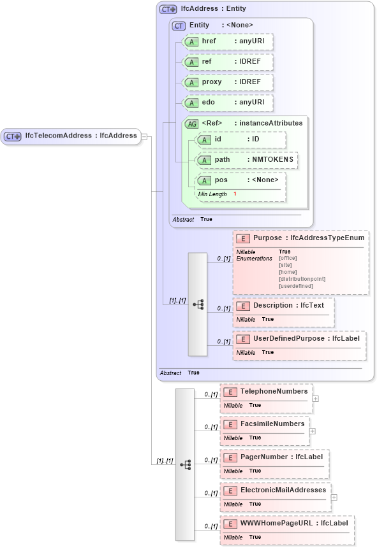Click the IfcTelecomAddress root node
click(x=71, y=136)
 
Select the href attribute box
click(x=228, y=41)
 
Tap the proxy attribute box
click(x=228, y=82)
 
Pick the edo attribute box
click(x=228, y=103)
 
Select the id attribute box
click(x=240, y=139)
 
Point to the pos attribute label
click(x=221, y=180)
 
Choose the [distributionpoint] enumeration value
click(x=302, y=279)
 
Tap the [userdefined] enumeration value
click(x=297, y=286)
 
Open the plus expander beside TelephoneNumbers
click(x=316, y=399)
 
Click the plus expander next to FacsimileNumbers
click(x=312, y=431)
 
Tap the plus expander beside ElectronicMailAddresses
click(x=334, y=497)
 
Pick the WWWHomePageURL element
click(x=293, y=523)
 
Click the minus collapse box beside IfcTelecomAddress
click(x=145, y=136)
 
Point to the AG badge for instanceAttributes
click(x=191, y=124)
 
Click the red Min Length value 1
click(x=235, y=194)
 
